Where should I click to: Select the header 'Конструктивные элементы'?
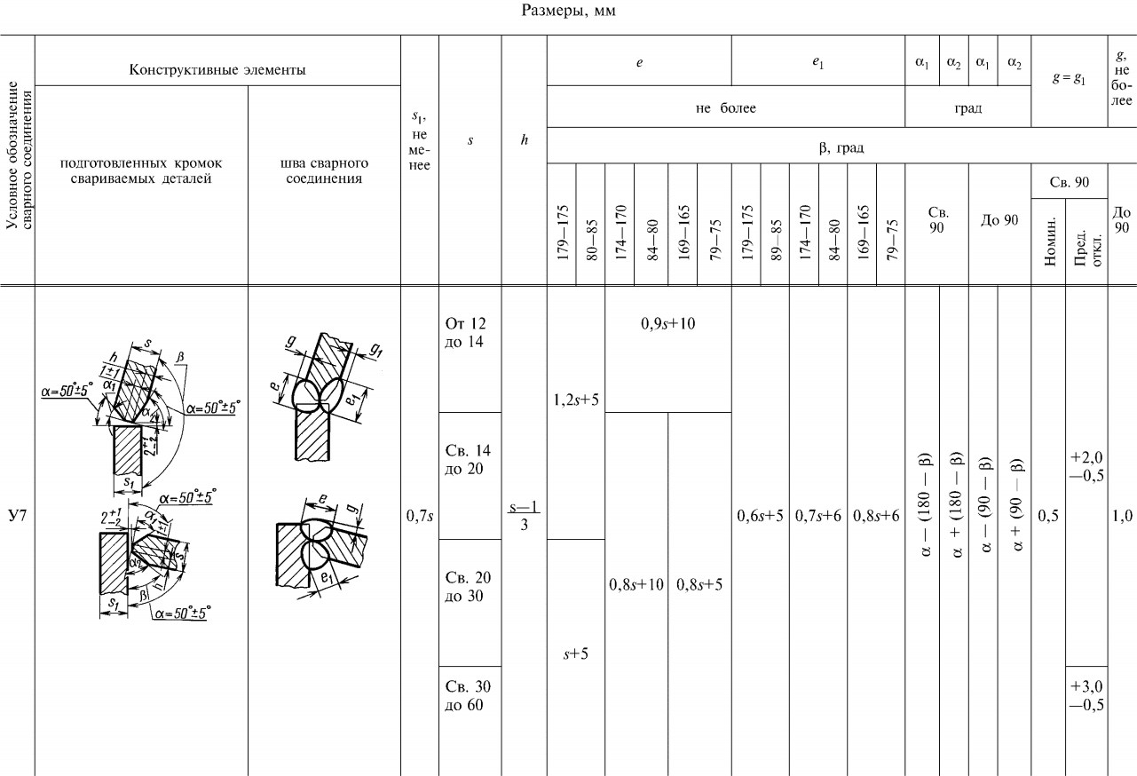tap(217, 59)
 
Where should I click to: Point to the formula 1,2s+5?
tap(576, 399)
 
